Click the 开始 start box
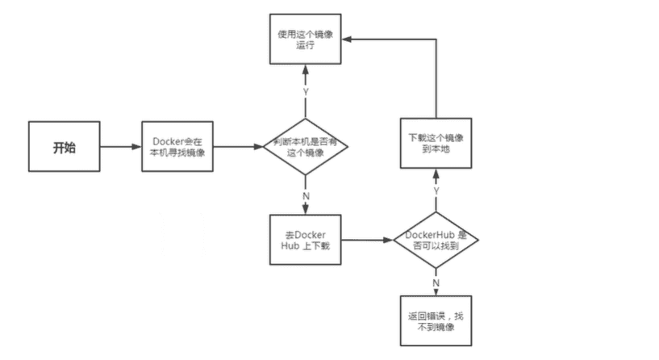(64, 148)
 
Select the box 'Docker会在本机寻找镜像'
(178, 148)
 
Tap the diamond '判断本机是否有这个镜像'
(305, 148)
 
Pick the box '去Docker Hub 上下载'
(305, 240)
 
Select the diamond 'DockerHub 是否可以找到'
(436, 240)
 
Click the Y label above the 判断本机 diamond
(305, 92)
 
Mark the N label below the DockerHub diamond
(436, 283)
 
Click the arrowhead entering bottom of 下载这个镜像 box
(436, 172)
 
